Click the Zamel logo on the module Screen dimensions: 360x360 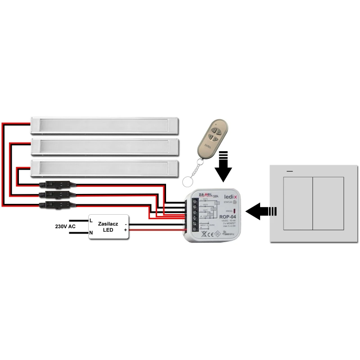[201, 193]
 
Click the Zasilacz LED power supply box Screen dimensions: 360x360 [108, 226]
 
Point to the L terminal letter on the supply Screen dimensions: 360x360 [91, 220]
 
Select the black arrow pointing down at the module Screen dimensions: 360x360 [223, 167]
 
